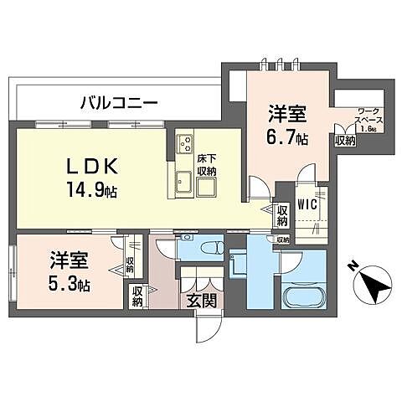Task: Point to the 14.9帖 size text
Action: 94,190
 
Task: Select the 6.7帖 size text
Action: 287,138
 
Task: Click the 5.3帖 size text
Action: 68,281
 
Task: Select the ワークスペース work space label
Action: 369,119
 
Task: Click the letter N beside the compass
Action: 353,266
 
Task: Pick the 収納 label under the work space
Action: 346,142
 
